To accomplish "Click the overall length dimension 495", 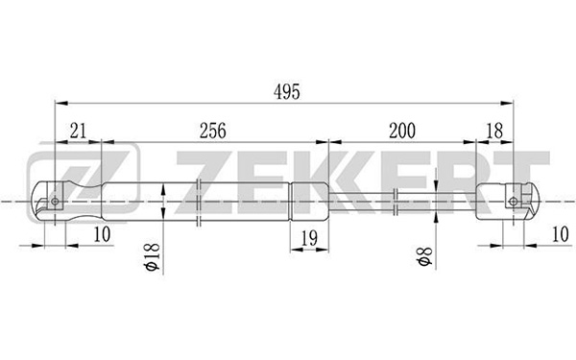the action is (287, 92).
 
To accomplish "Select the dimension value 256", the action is (213, 131).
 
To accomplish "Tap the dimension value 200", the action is (402, 131).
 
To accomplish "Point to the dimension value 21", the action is (78, 131).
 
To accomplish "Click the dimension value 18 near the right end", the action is (494, 131).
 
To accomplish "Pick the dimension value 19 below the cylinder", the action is (309, 238).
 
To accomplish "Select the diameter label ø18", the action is (153, 256).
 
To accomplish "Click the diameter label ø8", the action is (424, 256).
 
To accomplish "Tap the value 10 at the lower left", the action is (102, 235).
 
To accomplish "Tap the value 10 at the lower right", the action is (561, 235).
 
